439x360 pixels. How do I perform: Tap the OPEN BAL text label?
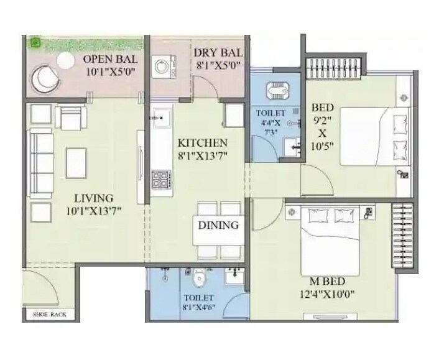click(x=109, y=60)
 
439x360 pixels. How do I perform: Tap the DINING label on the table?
click(x=218, y=225)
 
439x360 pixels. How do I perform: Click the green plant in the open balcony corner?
click(x=35, y=43)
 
